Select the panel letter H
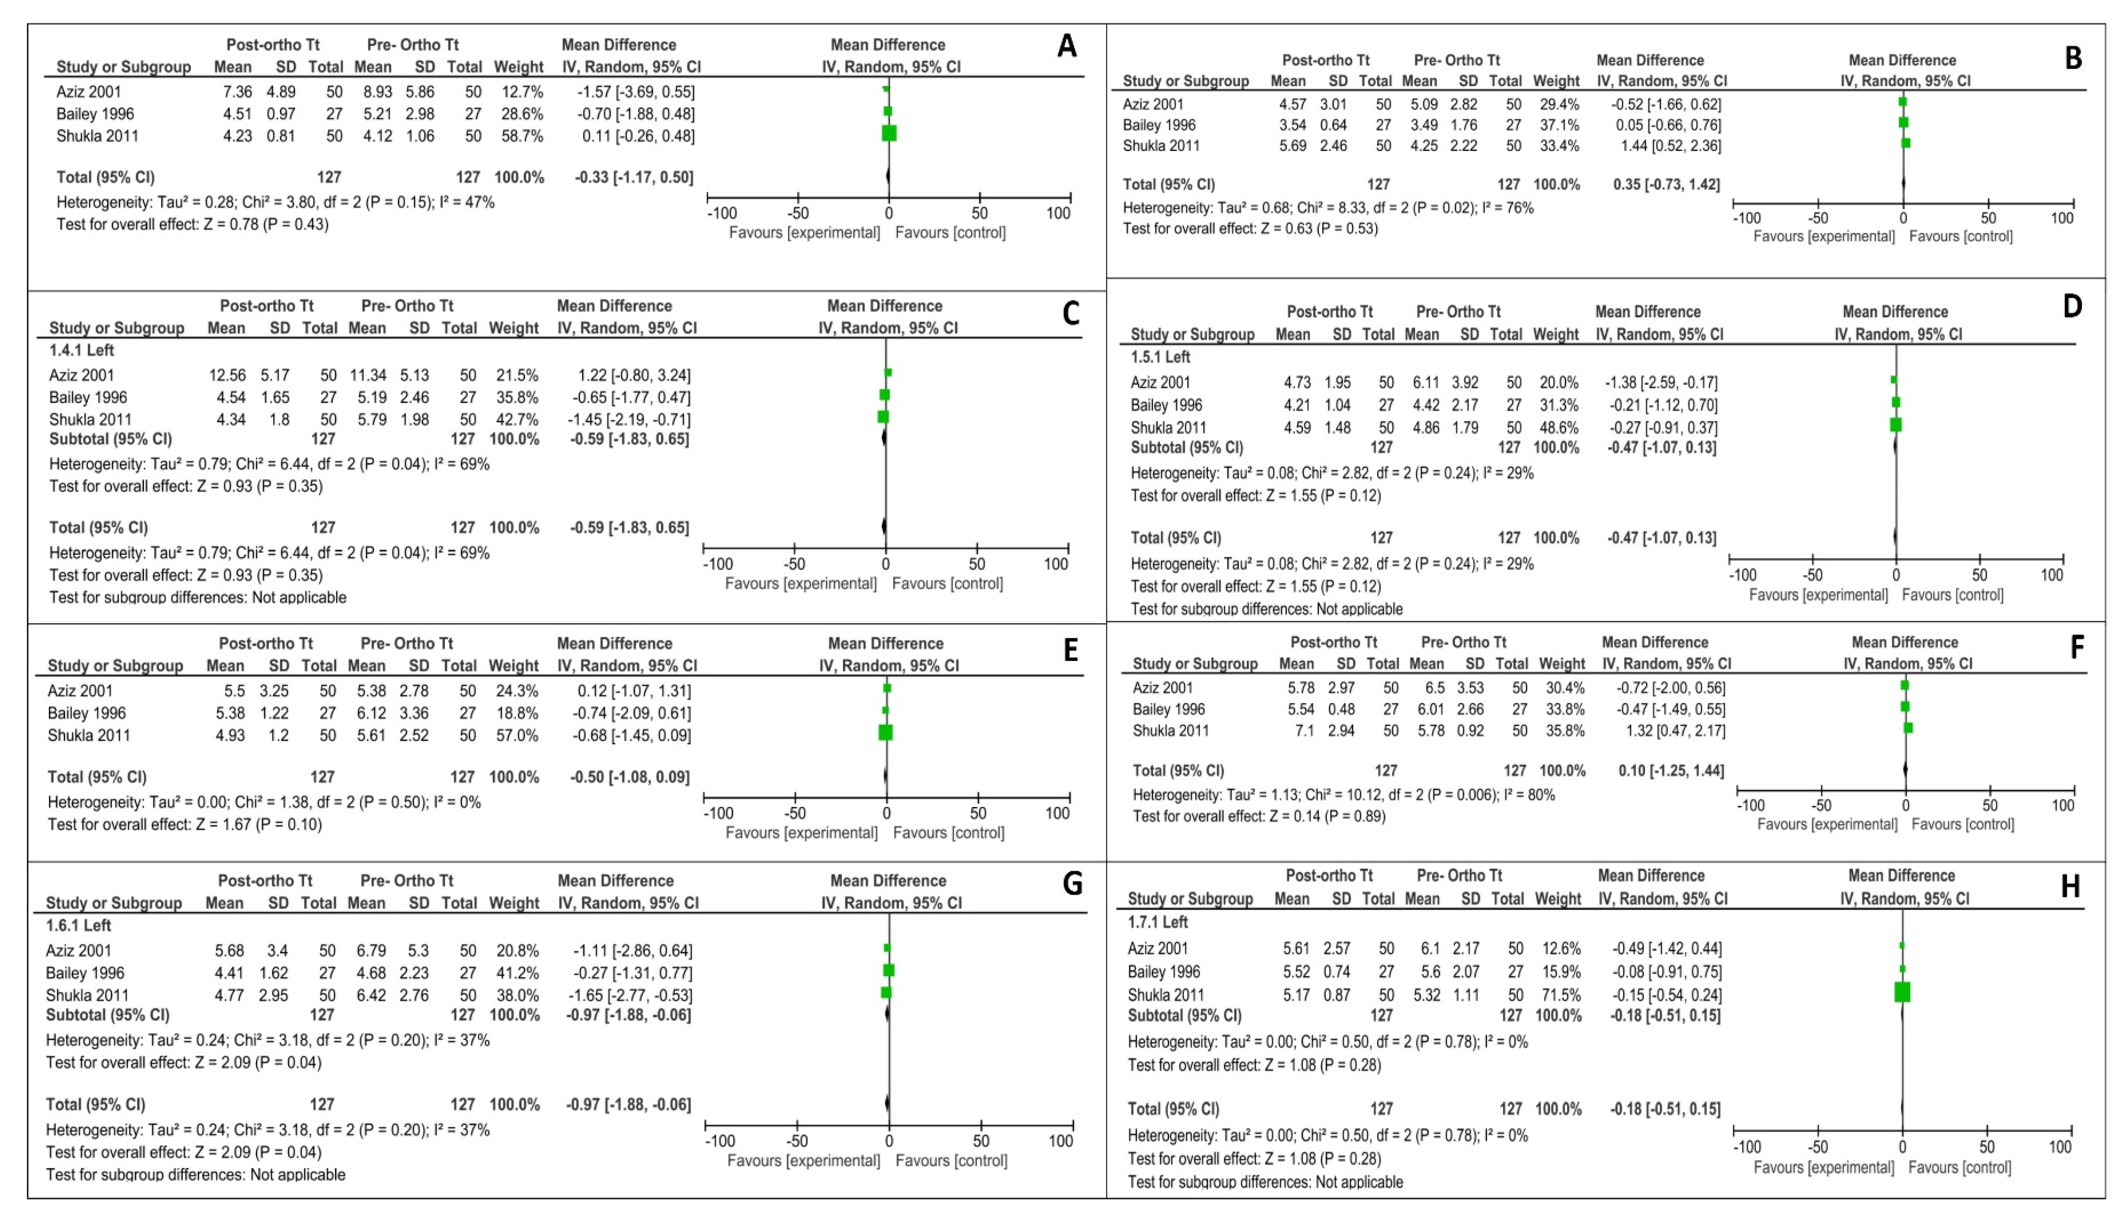click(x=2070, y=886)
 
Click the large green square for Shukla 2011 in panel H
click(x=1902, y=992)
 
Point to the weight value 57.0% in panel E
click(x=514, y=735)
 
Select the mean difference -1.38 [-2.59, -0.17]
click(x=1661, y=383)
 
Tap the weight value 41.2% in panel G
click(x=514, y=973)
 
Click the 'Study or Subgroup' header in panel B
click(x=1185, y=81)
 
